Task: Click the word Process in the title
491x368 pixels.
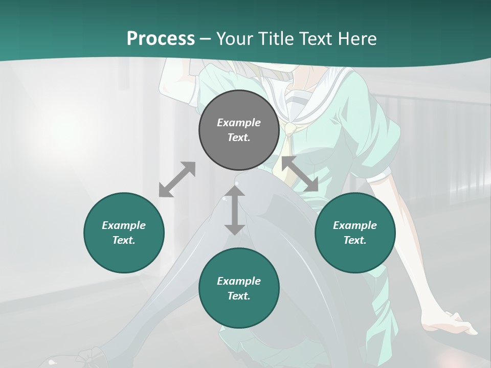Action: (161, 39)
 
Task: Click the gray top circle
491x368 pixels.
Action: (239, 130)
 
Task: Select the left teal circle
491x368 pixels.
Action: (124, 233)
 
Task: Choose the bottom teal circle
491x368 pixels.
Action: (239, 289)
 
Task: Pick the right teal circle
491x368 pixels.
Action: (355, 233)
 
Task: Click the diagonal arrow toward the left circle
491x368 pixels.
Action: (177, 179)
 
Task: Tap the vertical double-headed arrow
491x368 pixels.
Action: (235, 210)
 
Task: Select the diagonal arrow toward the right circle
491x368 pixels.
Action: (300, 174)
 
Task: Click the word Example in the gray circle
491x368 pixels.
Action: (239, 123)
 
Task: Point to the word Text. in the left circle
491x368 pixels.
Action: (124, 240)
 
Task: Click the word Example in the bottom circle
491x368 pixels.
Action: (239, 281)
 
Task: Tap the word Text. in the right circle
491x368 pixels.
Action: (355, 240)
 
